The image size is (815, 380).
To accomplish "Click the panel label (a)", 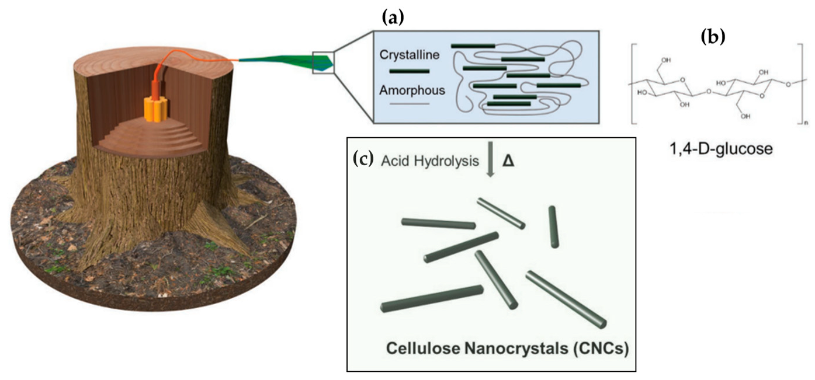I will tap(393, 18).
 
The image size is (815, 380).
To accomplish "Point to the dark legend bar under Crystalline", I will tap(409, 71).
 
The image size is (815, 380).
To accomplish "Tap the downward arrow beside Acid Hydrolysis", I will tap(491, 163).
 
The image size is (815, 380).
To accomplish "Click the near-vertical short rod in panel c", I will tap(553, 226).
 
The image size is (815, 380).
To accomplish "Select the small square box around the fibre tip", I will tap(323, 62).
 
